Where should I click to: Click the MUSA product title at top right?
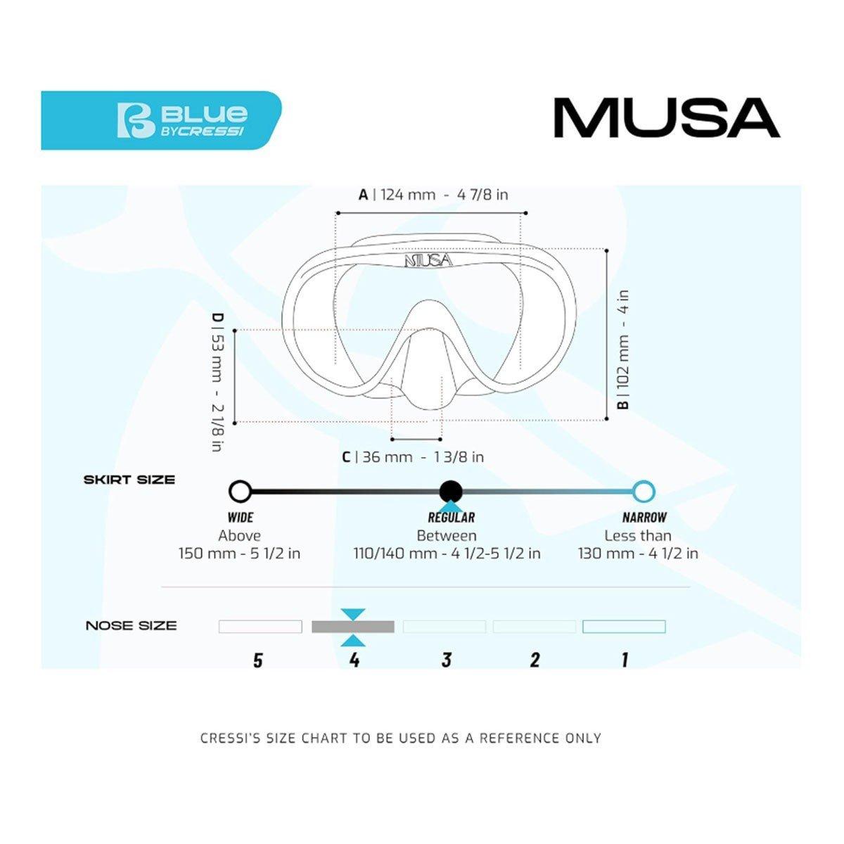tap(666, 118)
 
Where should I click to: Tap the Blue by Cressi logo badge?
tap(161, 120)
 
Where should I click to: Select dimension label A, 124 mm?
tap(433, 194)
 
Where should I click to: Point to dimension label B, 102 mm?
tap(623, 350)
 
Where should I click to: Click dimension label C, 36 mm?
tap(413, 457)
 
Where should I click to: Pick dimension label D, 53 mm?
tap(218, 382)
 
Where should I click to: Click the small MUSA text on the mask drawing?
tap(428, 260)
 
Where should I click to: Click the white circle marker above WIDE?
tap(241, 491)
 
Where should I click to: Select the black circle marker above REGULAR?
tap(450, 491)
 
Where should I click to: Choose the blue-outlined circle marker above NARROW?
tap(643, 491)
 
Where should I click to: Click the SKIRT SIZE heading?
tap(129, 480)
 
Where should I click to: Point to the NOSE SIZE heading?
tap(131, 625)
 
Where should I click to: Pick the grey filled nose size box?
tap(353, 627)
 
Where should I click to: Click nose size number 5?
tap(258, 660)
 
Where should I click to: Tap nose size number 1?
tap(625, 660)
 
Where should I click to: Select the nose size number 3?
tap(446, 660)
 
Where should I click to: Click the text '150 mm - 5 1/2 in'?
tap(239, 554)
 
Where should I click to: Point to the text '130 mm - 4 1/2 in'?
tap(638, 554)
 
